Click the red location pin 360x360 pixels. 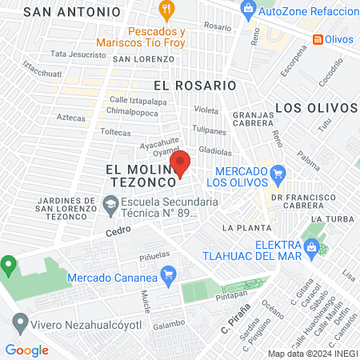pyautogui.click(x=180, y=162)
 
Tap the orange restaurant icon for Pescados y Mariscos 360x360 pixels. pyautogui.click(x=166, y=10)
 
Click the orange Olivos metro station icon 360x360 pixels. pyautogui.click(x=318, y=38)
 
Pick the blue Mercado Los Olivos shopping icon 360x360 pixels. pyautogui.click(x=278, y=173)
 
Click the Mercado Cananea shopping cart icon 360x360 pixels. pyautogui.click(x=168, y=277)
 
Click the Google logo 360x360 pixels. pyautogui.click(x=26, y=350)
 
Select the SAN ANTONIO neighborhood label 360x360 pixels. pyautogui.click(x=72, y=12)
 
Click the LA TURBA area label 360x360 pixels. pyautogui.click(x=328, y=218)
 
